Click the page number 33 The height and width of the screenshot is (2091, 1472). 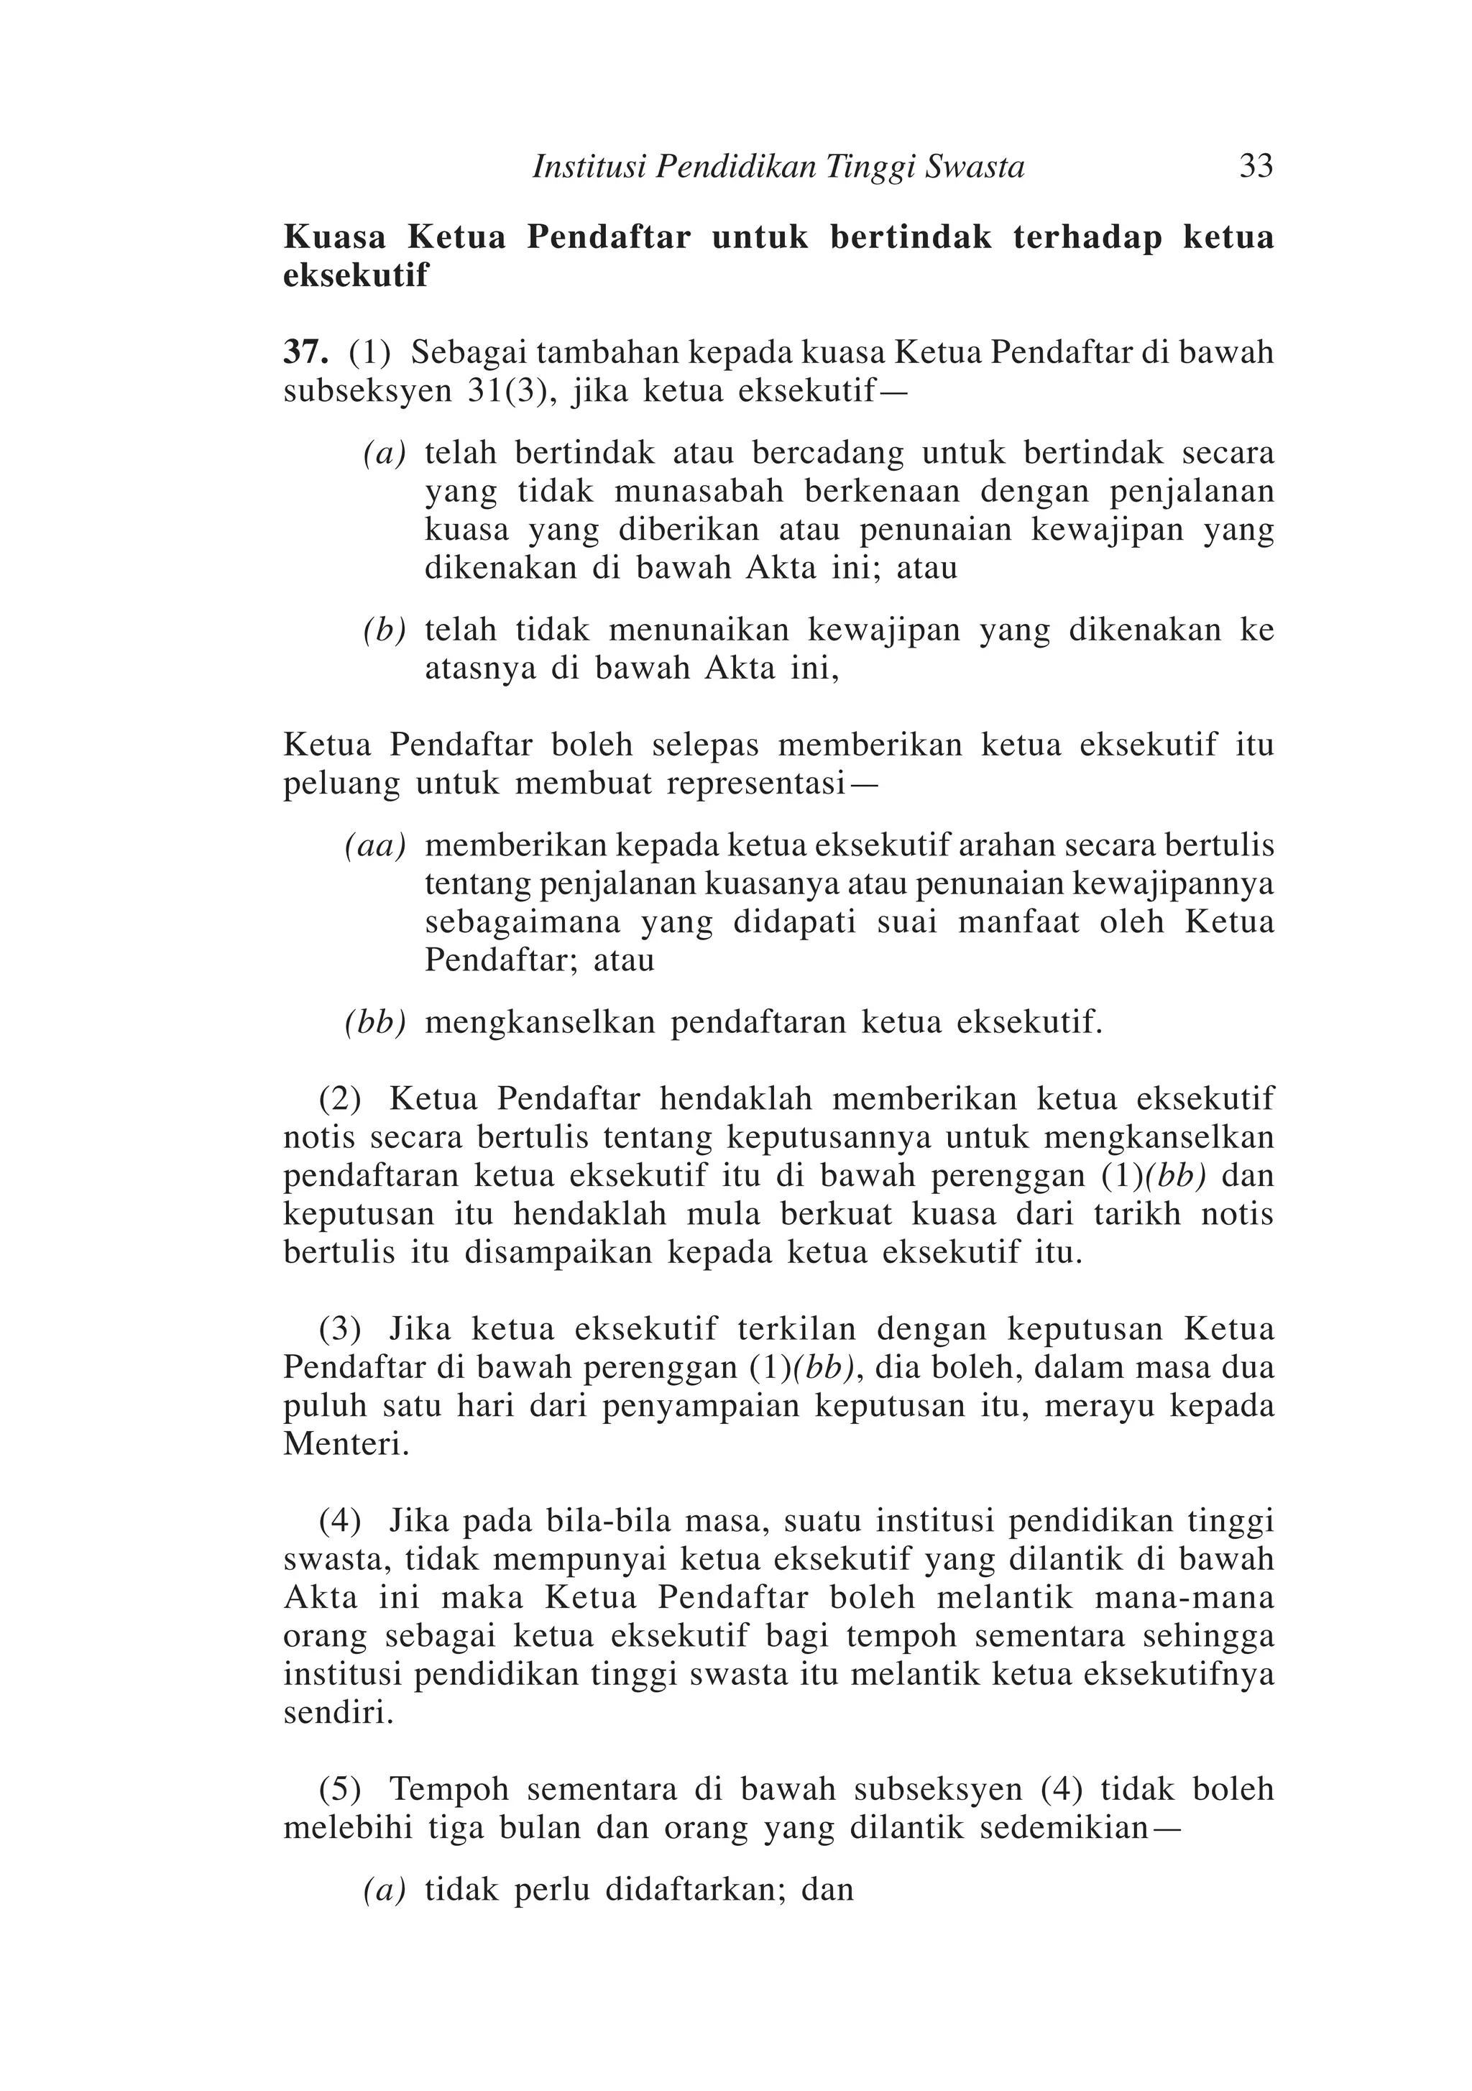1255,167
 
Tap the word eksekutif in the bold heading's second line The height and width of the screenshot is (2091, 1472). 355,276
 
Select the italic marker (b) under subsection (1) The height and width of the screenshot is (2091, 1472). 384,630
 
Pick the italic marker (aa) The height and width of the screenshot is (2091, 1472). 374,846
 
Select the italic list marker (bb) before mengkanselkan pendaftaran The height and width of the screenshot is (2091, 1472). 374,1023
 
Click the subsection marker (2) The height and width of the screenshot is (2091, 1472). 340,1099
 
